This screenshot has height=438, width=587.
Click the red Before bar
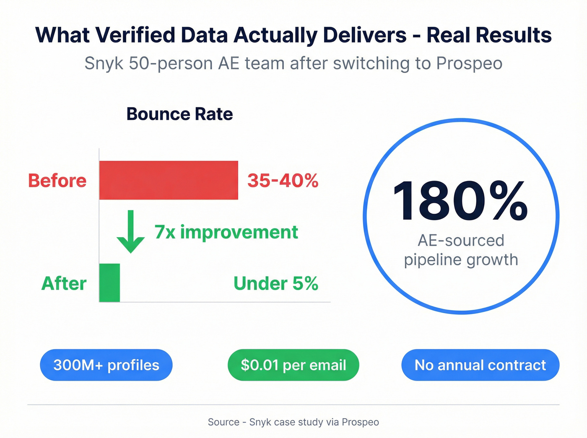pos(169,180)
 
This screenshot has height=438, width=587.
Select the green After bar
pos(109,283)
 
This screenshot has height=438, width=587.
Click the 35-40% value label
pos(283,181)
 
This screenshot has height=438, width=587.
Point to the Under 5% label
pos(275,284)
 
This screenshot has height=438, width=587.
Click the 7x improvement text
pos(226,232)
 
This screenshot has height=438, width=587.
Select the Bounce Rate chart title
pos(179,114)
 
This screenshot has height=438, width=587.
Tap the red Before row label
pos(57,181)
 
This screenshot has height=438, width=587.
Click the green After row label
pos(64,284)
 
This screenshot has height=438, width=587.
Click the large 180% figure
pos(460,201)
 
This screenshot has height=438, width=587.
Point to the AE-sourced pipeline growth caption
pos(461,250)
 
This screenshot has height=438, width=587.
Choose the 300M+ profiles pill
pos(106,365)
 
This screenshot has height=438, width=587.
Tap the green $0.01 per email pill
pos(293,365)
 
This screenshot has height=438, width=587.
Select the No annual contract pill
pos(480,365)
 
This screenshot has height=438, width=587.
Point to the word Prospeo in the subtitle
pos(469,64)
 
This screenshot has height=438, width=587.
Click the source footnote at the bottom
pos(293,422)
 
